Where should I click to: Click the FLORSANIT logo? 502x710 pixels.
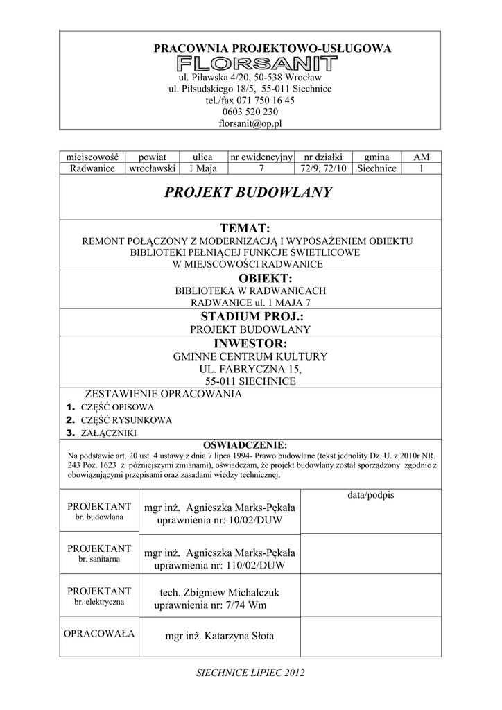[x=257, y=64]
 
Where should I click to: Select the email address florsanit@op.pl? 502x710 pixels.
[x=250, y=123]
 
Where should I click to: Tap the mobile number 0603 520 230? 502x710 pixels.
[x=250, y=112]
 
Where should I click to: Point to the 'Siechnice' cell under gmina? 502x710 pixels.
[x=377, y=168]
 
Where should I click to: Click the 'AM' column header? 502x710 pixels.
[x=421, y=157]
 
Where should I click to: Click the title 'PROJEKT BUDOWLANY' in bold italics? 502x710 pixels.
[x=249, y=193]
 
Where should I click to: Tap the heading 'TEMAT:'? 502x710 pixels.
[x=249, y=228]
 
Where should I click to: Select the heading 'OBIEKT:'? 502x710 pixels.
[x=249, y=278]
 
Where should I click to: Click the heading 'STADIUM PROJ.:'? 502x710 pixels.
[x=249, y=316]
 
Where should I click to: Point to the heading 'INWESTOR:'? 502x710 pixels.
[x=249, y=343]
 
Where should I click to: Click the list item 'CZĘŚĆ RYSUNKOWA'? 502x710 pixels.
[x=127, y=420]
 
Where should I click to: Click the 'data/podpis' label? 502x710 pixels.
[x=370, y=495]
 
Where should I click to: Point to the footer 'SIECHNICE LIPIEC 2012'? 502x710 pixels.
[x=251, y=673]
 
